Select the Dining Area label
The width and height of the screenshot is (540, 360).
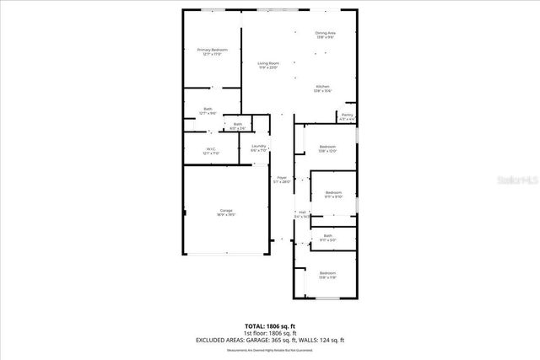coord(325,35)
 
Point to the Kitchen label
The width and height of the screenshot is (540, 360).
coord(323,89)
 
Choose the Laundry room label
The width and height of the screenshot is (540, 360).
coord(259,148)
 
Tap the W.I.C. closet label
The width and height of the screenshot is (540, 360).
coord(210,152)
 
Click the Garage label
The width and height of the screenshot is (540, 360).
coord(226,212)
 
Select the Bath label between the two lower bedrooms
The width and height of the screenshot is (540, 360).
coord(327,238)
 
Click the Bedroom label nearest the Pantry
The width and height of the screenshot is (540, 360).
coord(327,148)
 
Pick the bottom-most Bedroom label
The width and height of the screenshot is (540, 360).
coord(327,275)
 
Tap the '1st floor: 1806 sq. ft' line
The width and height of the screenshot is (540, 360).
coord(269,332)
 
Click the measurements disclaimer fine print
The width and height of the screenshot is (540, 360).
coord(269,350)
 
